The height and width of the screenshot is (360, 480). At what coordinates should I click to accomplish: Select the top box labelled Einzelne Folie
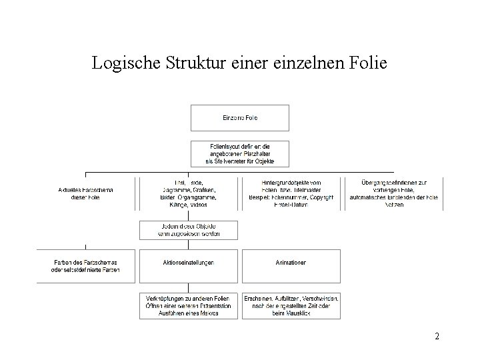point(240,118)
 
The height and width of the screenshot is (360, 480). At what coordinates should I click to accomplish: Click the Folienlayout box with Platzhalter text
point(240,153)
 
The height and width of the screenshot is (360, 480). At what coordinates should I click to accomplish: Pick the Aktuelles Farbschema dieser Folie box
point(85,193)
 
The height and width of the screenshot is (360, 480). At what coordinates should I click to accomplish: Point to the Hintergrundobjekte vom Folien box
point(291,193)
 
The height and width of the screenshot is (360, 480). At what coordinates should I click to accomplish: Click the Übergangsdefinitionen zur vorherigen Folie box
point(393,193)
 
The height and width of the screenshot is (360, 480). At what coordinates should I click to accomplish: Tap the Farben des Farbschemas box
point(85,266)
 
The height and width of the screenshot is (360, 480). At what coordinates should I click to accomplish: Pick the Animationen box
point(291,263)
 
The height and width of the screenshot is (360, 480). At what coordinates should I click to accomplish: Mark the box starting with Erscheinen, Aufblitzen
point(291,305)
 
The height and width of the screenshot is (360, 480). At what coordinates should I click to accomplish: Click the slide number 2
point(437,337)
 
